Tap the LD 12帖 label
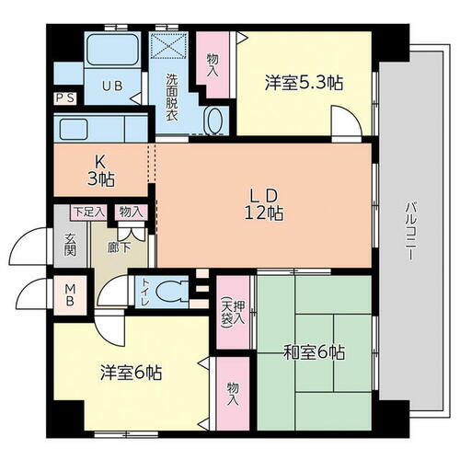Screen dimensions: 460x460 263,202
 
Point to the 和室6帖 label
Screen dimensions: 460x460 313,351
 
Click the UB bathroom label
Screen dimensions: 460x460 110,86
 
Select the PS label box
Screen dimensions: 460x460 65,97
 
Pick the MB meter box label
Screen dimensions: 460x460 69,297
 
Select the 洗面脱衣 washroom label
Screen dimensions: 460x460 172,95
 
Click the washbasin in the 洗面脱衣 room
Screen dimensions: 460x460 213,122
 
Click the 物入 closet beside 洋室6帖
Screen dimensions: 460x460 232,394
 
